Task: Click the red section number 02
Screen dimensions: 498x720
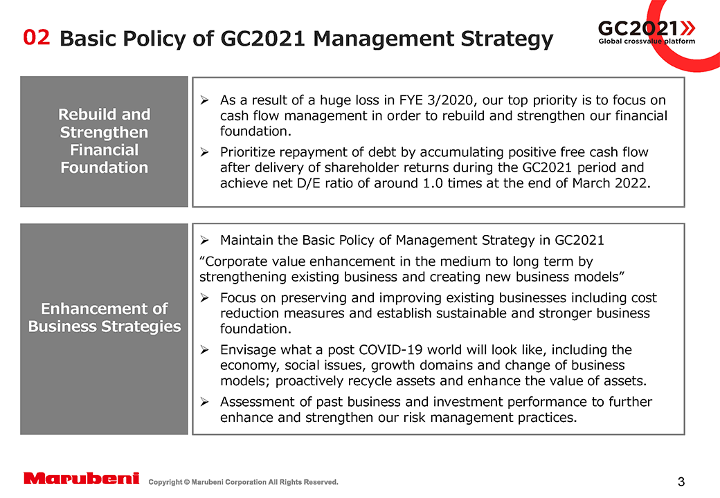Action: (x=37, y=37)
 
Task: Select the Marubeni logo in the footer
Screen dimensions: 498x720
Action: (x=82, y=479)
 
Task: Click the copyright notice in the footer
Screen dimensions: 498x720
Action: (x=244, y=482)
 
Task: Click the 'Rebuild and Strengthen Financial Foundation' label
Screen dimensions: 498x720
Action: (x=104, y=141)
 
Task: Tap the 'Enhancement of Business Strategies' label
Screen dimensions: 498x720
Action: (x=104, y=317)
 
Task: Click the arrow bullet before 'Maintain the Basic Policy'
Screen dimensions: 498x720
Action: (x=205, y=241)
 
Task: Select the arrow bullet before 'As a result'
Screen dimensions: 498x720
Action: (x=205, y=100)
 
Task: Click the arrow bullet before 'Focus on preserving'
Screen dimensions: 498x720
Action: (x=205, y=298)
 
